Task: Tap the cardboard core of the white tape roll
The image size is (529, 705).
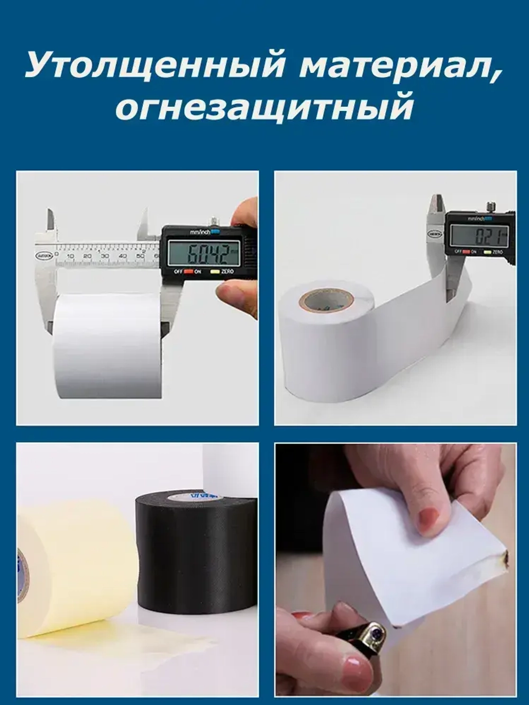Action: (x=326, y=300)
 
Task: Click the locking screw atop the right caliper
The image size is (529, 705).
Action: (x=491, y=205)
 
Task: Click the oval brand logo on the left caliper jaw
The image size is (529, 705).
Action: (x=43, y=255)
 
